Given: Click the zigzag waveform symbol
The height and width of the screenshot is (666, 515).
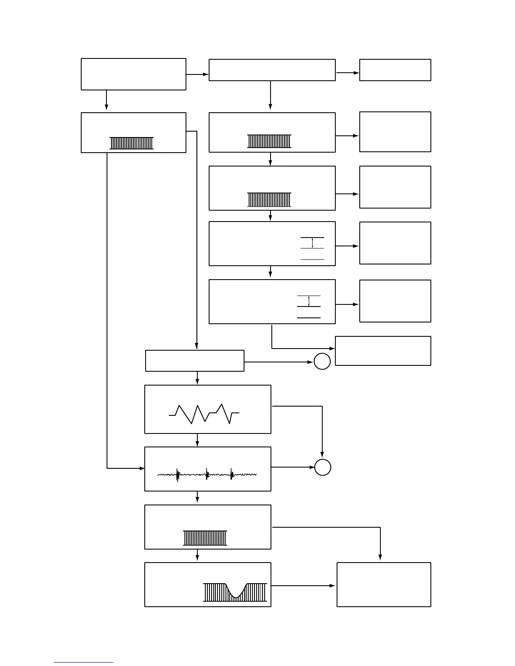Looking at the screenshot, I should pos(204,414).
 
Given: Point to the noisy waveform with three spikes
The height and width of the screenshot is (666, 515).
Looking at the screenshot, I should pos(207,475).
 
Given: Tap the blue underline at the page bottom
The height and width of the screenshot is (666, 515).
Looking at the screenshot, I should pos(83,663).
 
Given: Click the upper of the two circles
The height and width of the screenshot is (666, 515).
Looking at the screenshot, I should pos(322,362).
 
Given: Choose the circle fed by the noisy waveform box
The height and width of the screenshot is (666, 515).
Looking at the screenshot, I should pos(323,467).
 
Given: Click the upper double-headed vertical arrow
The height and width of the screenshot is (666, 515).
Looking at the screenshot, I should pos(312,243).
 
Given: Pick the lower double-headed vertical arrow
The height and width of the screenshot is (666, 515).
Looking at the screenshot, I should pos(309,301).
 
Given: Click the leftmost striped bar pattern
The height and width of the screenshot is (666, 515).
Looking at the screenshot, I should pos(132,143).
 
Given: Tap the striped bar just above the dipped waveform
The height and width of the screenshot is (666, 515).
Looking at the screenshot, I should pos(205,538).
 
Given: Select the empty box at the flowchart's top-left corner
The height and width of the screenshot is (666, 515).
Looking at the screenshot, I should pos(133,74).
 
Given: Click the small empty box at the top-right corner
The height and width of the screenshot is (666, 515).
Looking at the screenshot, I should pos(395,70).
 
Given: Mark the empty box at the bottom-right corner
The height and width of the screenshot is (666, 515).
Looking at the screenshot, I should pos(384,584).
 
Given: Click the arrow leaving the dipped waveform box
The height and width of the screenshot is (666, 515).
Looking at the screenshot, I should pos(303,586).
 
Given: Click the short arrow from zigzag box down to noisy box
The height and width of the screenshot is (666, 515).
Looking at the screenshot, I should pos(197,440).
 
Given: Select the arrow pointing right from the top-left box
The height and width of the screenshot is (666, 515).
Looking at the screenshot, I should pos(197,74).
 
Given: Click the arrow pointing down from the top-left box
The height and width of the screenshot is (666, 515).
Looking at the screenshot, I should pos(106,100).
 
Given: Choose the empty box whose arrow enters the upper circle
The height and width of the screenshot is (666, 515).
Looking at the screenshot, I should pos(194,361).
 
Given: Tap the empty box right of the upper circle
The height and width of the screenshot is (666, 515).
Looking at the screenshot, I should pos(383,351).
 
